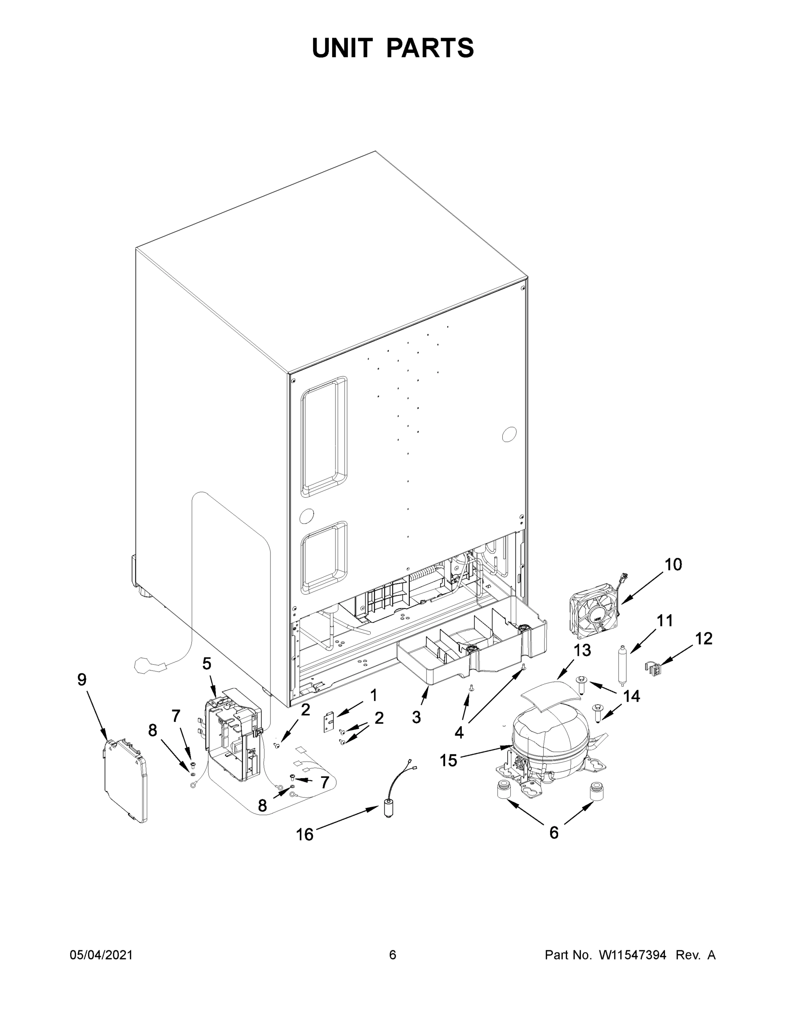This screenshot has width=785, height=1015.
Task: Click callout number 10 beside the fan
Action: click(673, 565)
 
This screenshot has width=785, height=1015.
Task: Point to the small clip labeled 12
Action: click(653, 669)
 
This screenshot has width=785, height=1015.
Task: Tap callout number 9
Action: click(82, 680)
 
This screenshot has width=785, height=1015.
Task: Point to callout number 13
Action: click(582, 650)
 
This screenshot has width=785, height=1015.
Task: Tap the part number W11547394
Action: click(633, 955)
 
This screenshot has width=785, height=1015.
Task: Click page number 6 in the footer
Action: click(393, 955)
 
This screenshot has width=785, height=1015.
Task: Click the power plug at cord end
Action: click(148, 666)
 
